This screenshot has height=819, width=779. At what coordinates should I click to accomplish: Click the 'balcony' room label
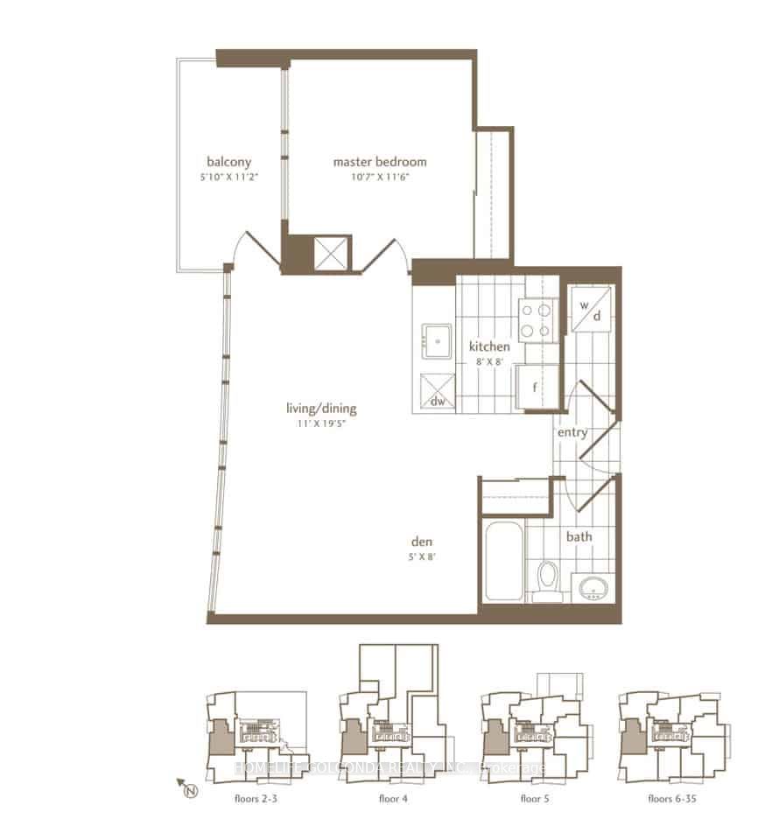pos(229,162)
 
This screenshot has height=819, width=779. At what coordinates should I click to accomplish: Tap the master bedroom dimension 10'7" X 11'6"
pos(379,177)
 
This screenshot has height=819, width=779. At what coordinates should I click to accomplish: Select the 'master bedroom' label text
pos(379,162)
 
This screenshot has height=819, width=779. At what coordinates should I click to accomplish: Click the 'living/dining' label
pos(321,409)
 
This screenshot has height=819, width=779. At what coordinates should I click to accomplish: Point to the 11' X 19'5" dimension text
pos(321,423)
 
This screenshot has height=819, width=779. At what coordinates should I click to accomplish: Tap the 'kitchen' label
pos(488,346)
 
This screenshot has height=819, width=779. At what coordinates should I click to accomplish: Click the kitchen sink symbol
pos(435,339)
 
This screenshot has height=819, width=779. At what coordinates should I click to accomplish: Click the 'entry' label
pos(572,432)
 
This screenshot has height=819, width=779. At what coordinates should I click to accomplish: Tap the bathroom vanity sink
pos(594,587)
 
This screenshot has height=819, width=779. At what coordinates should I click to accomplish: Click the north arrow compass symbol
pos(187,789)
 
